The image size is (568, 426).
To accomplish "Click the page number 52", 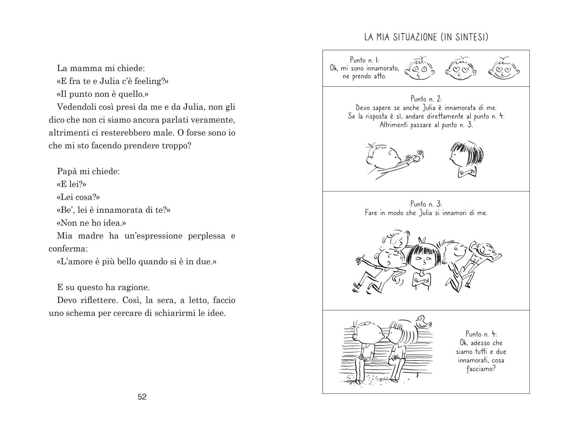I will [x=142, y=397].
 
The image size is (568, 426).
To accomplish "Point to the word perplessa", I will [x=206, y=236].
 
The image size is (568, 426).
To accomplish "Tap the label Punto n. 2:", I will [x=426, y=99].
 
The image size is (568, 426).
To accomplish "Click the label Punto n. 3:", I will [x=426, y=204].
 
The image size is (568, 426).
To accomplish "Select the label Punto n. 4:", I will [x=481, y=334].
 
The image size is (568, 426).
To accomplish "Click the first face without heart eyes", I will [x=420, y=69].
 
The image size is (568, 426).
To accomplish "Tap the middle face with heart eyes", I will [x=460, y=69].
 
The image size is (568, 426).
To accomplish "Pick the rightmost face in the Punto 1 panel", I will [x=503, y=69].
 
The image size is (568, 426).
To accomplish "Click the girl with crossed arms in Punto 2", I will [x=464, y=159].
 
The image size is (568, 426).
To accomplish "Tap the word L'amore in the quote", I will [x=73, y=262].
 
